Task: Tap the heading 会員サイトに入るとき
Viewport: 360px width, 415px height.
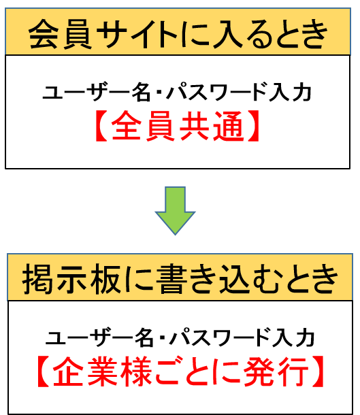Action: tap(178, 34)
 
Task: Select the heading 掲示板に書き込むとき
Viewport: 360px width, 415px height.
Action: tap(180, 279)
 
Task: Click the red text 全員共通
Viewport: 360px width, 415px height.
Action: tap(177, 126)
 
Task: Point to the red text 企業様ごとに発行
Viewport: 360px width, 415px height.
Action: tap(181, 371)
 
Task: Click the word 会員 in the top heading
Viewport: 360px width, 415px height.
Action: tap(61, 34)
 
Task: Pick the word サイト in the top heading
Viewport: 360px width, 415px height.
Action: tap(137, 35)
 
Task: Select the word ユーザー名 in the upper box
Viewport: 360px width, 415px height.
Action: tap(97, 93)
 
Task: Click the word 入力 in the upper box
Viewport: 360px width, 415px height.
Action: tap(290, 93)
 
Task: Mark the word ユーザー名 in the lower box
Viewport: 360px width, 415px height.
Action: tap(99, 337)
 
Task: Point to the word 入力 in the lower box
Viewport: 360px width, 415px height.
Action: tap(293, 337)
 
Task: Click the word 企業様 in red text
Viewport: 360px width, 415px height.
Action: tap(103, 371)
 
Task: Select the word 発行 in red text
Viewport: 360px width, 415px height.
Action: tap(276, 371)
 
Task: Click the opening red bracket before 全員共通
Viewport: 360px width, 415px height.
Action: tap(101, 126)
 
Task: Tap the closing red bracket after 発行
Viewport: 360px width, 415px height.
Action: tap(318, 371)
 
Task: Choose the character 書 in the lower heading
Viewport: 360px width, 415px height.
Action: tap(172, 279)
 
